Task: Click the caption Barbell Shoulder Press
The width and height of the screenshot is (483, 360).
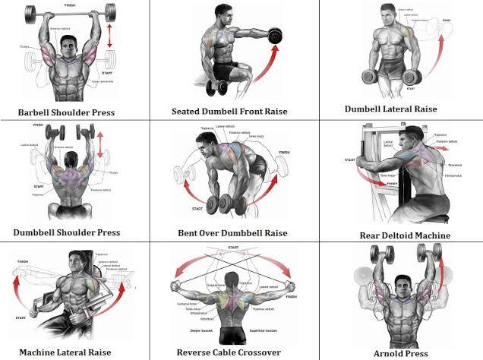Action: tap(68, 112)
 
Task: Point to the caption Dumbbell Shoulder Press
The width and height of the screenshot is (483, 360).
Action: tap(67, 232)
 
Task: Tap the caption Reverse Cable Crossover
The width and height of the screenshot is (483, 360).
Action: tap(229, 352)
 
